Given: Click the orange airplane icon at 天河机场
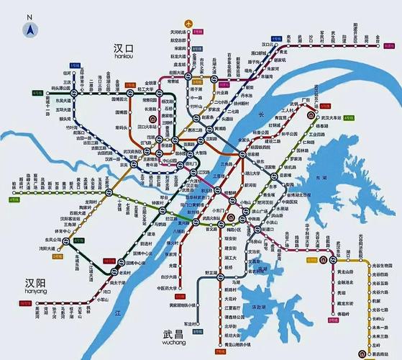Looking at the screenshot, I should point(189,24).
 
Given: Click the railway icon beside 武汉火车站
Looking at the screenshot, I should point(310,115).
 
